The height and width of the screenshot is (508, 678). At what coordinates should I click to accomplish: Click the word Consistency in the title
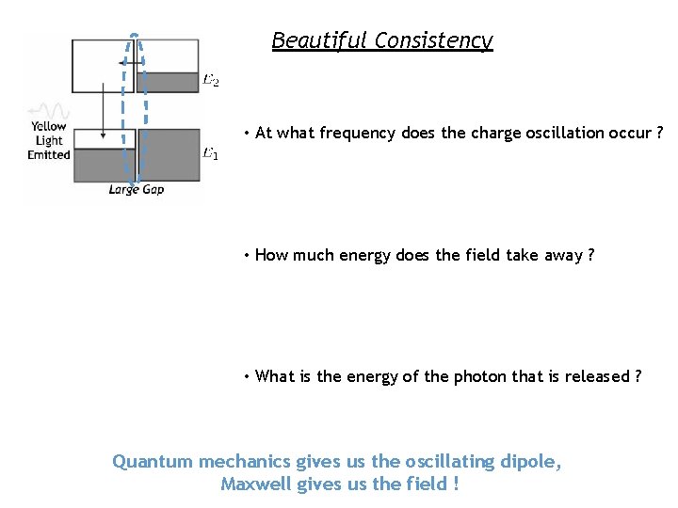433,40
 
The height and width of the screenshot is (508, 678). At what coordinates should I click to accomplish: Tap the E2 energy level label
211,81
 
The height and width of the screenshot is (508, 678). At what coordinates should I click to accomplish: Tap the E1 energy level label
210,153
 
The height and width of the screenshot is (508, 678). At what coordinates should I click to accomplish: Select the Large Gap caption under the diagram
137,190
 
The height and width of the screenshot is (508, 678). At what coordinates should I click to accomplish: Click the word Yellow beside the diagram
48,127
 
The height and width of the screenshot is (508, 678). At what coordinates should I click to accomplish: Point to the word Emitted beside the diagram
49,154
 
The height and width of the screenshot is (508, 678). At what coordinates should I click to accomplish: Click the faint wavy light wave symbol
48,110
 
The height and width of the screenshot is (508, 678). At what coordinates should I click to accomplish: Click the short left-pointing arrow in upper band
126,63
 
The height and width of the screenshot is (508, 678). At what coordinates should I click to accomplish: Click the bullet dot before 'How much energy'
245,255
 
